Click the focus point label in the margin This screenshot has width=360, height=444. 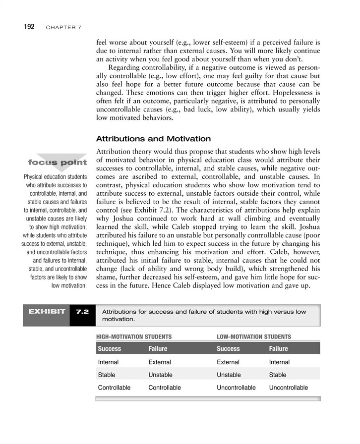[58, 162]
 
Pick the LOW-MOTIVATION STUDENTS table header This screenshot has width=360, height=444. [254, 336]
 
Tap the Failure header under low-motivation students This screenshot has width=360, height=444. [279, 349]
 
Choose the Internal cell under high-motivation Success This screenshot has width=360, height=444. [108, 362]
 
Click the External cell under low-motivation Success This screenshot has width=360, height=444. [228, 362]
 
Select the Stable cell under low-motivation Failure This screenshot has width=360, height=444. [278, 375]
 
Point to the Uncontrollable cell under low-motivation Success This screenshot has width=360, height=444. [237, 388]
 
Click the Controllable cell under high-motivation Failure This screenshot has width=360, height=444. [165, 388]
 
